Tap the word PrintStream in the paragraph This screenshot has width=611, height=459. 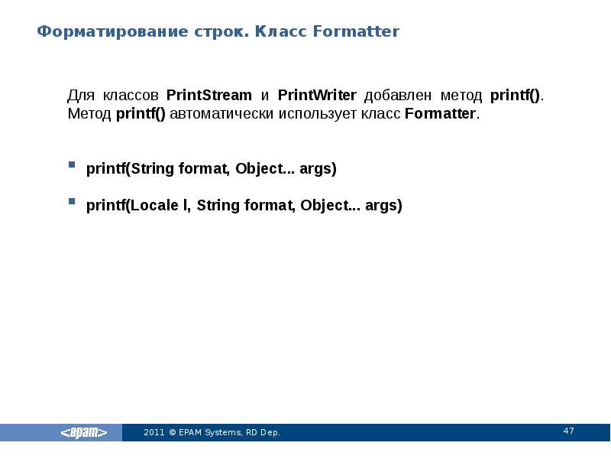(209, 96)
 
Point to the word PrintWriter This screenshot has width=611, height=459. (317, 96)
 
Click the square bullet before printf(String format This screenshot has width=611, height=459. (71, 164)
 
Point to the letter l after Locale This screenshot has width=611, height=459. (186, 205)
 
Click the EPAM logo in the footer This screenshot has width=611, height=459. (84, 433)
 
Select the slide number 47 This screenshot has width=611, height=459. (568, 431)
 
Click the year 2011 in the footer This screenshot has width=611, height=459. (154, 433)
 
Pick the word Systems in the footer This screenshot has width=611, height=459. (223, 433)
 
